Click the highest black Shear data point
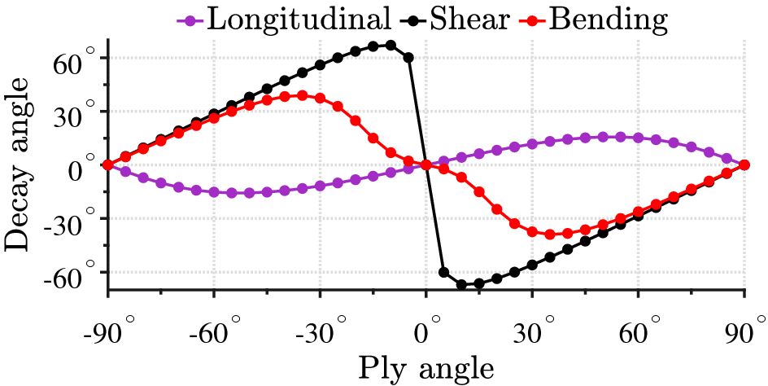[x=391, y=46]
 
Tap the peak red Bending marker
[x=302, y=95]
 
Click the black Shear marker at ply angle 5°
[x=443, y=272]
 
